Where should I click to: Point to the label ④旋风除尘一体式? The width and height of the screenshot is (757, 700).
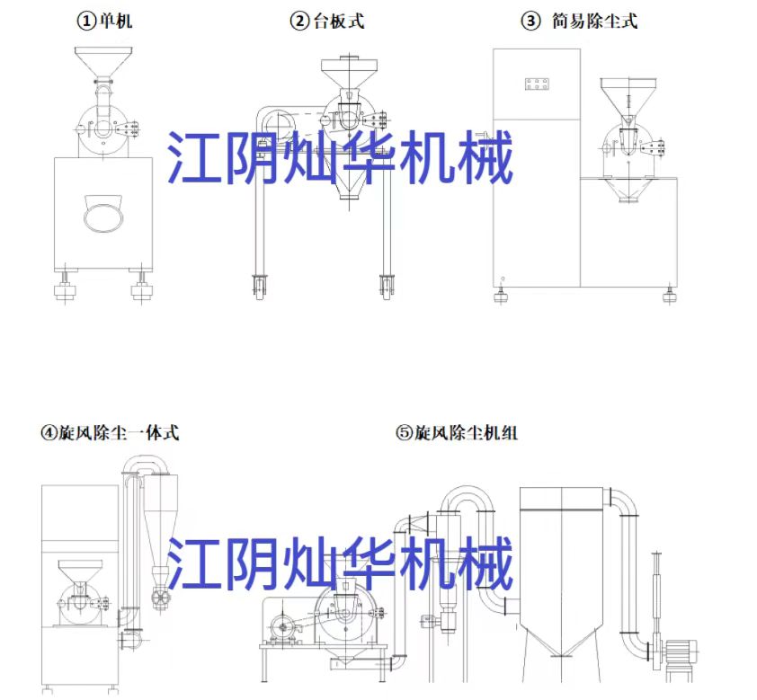pos(109,433)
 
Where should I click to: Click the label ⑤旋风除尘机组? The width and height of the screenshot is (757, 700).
pos(457,433)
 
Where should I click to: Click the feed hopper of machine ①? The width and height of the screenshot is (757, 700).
pos(100,63)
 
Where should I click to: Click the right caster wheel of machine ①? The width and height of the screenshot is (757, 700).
pos(140,289)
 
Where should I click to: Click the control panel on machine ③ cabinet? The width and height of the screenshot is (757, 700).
pos(537,85)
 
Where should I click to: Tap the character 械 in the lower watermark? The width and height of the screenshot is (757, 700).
pos(488,563)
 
